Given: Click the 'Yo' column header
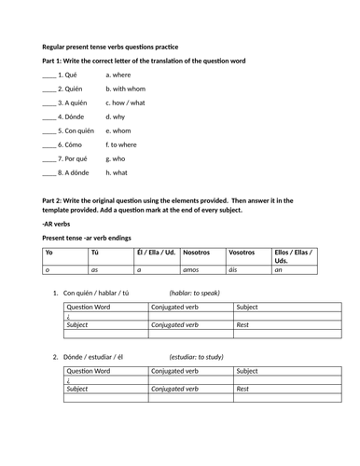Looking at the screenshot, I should click(x=49, y=253).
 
